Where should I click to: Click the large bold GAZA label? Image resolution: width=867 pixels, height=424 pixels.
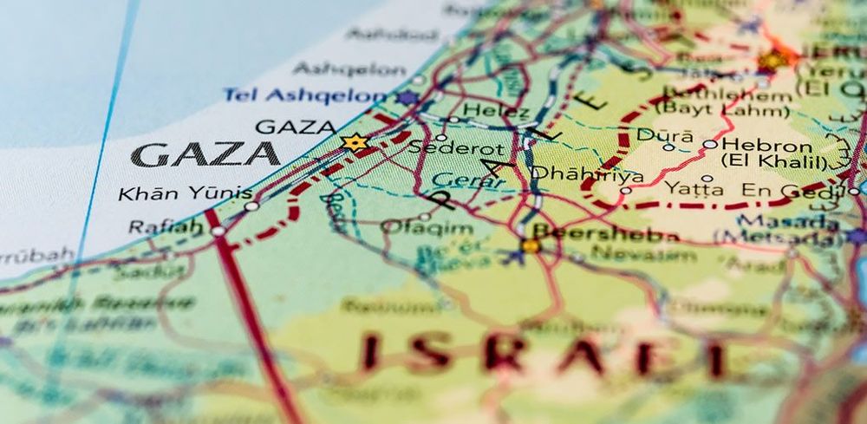[206, 154]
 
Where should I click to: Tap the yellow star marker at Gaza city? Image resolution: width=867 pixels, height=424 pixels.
[354, 142]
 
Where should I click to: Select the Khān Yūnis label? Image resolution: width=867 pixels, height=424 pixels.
[185, 193]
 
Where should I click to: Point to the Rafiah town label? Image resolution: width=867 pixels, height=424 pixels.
[165, 226]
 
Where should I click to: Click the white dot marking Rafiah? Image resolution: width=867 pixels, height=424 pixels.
[218, 231]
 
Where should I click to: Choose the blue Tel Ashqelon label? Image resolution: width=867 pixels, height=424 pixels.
[303, 95]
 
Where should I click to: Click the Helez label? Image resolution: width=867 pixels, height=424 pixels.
[496, 111]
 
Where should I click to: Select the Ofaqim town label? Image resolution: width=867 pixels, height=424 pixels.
[427, 228]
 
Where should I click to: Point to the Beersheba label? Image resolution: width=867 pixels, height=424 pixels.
[606, 234]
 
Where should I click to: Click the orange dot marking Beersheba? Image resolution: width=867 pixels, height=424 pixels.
[531, 245]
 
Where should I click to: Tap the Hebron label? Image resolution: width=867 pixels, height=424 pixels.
[766, 145]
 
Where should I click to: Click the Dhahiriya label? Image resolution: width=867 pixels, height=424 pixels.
[587, 174]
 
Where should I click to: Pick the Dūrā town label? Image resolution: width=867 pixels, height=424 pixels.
[665, 134]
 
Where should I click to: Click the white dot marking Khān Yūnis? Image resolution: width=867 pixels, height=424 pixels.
[251, 206]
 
